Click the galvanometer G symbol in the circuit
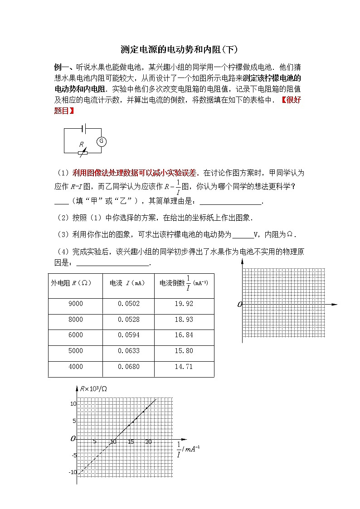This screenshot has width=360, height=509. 102,141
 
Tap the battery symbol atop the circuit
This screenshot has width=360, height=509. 83,128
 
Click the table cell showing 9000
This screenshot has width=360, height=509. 75,304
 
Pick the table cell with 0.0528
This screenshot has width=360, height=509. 128,320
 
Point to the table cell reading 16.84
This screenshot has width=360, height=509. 184,335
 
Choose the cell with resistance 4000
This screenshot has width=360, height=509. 75,367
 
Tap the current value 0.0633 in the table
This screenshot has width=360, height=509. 128,351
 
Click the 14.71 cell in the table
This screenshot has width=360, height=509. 184,367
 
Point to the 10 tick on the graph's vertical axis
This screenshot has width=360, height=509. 73,403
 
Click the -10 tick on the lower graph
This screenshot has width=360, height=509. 73,472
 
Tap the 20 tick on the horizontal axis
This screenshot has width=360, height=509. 148,442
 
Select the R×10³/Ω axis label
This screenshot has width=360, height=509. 93,388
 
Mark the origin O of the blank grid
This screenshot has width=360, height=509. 239,305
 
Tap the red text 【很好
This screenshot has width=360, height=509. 291,101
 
